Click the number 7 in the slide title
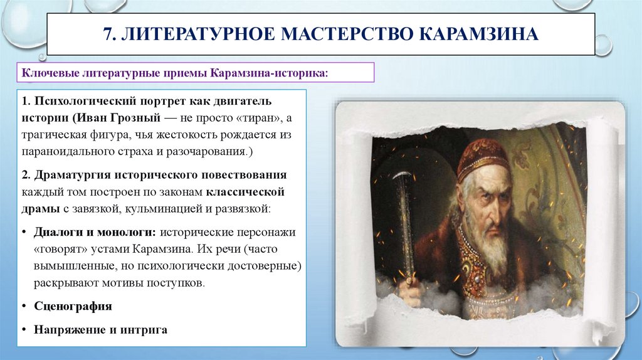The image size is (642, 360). pyautogui.click(x=107, y=33)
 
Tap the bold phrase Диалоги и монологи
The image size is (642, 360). pyautogui.click(x=95, y=232)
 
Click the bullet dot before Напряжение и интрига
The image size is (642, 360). pyautogui.click(x=23, y=329)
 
